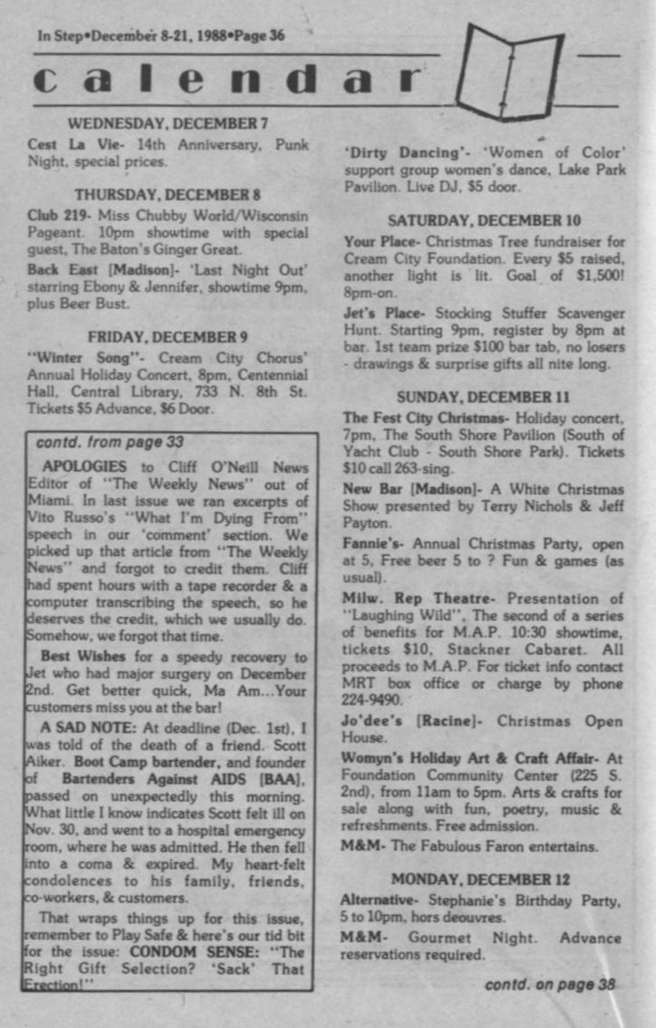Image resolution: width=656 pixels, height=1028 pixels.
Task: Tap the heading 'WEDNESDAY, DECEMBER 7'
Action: pos(168,124)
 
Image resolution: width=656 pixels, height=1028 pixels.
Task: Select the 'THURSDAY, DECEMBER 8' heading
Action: pos(168,194)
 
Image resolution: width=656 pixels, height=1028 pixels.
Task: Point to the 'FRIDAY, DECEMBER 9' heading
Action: pos(168,337)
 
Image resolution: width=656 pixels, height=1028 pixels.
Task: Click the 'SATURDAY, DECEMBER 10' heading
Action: pos(483,220)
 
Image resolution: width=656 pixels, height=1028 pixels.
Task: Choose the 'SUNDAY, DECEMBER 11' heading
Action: pos(483,397)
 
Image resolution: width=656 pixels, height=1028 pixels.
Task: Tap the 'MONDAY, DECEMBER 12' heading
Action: pos(483,878)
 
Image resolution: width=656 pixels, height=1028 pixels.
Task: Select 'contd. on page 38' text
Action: pos(550,984)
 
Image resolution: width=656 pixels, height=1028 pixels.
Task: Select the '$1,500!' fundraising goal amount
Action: pos(599,276)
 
